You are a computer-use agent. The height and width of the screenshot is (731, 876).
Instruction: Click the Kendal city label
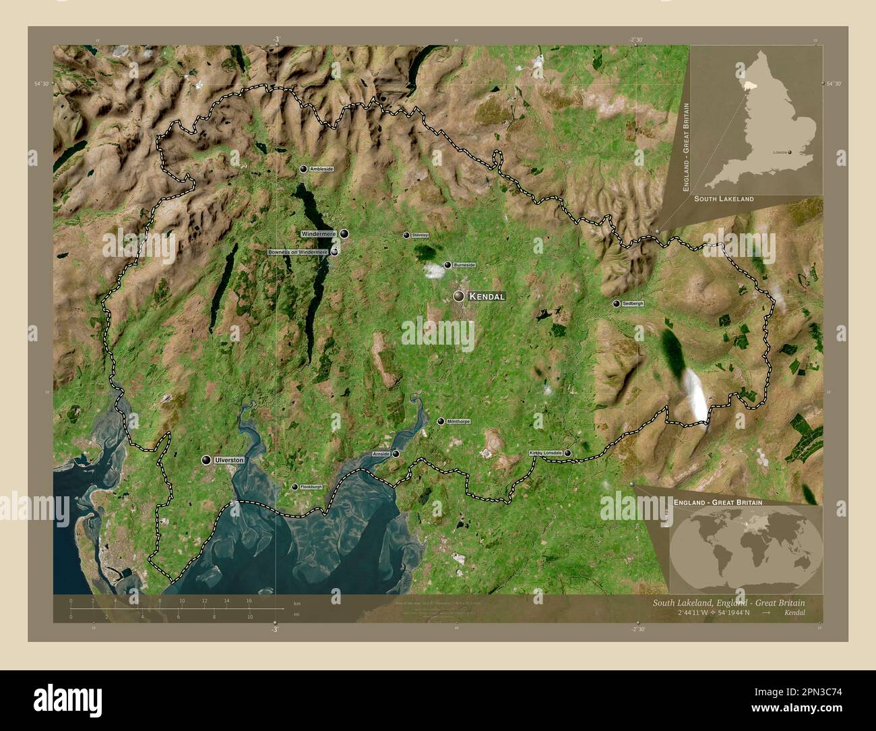coord(487,296)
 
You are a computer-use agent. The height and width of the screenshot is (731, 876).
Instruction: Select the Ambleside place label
coord(321,169)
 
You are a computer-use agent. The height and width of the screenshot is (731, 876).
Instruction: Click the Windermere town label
coord(319,233)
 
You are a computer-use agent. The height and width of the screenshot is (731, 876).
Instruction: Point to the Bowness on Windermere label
coord(297,252)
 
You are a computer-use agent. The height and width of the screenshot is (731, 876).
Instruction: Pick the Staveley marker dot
coord(406,235)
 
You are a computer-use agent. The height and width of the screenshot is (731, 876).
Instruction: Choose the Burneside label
coord(464,265)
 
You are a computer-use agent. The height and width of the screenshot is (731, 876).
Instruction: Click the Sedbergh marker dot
coord(616,303)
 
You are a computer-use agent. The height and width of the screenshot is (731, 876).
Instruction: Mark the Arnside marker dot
coord(396,454)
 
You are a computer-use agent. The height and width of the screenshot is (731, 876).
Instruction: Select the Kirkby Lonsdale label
coord(545,452)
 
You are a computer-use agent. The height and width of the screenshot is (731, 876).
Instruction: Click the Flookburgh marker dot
coord(294,486)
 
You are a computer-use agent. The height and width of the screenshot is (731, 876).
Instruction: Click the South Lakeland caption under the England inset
coord(724,200)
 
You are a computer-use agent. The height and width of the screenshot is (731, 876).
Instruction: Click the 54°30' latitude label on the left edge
coord(42,84)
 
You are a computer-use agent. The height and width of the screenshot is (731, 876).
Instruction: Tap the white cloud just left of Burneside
coord(434,271)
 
